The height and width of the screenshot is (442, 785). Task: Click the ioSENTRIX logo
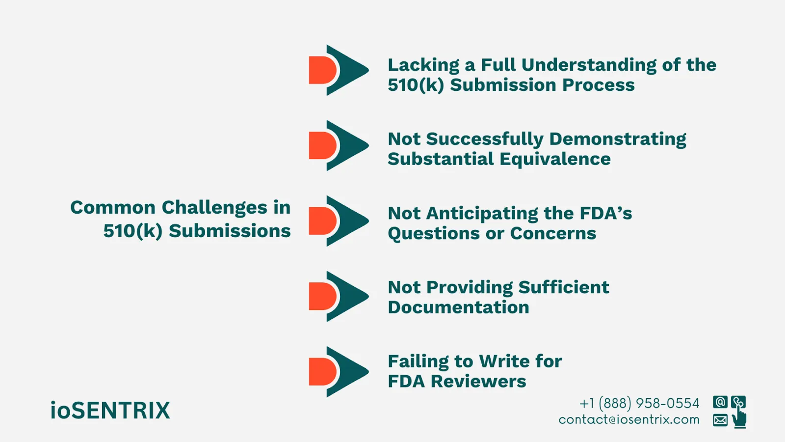coord(110,411)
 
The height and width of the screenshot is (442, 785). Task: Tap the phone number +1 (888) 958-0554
coord(639,403)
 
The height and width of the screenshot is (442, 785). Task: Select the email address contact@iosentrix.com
coord(629,419)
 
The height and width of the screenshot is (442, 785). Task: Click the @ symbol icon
coord(720,402)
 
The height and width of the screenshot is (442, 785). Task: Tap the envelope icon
coord(720,420)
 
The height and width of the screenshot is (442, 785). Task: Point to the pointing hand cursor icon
coord(739,419)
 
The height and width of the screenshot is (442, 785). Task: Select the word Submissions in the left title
coord(230,231)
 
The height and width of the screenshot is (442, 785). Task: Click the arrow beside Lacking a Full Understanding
coord(339,70)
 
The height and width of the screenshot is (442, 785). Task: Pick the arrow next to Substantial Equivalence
coord(339,145)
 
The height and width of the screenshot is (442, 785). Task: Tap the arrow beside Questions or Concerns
coord(339,221)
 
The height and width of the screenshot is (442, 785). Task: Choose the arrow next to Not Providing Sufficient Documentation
coord(339,296)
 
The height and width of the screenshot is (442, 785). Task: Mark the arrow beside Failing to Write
coord(339,372)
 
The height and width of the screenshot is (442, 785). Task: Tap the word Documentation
coord(458,307)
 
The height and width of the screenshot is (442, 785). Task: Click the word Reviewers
coord(478,382)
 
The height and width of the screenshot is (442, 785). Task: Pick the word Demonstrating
coord(618,139)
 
